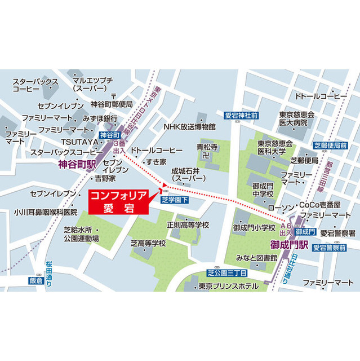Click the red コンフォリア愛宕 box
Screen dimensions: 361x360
tap(118, 202)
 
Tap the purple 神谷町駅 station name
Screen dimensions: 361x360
tap(79, 165)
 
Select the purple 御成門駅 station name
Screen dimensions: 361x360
tap(289, 245)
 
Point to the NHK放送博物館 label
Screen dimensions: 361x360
tap(189, 127)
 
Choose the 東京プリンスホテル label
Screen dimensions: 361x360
tap(225, 286)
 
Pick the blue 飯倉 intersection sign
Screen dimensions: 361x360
tap(35, 280)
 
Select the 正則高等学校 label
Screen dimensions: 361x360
tap(188, 224)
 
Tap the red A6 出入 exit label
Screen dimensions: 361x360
tap(285, 228)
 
